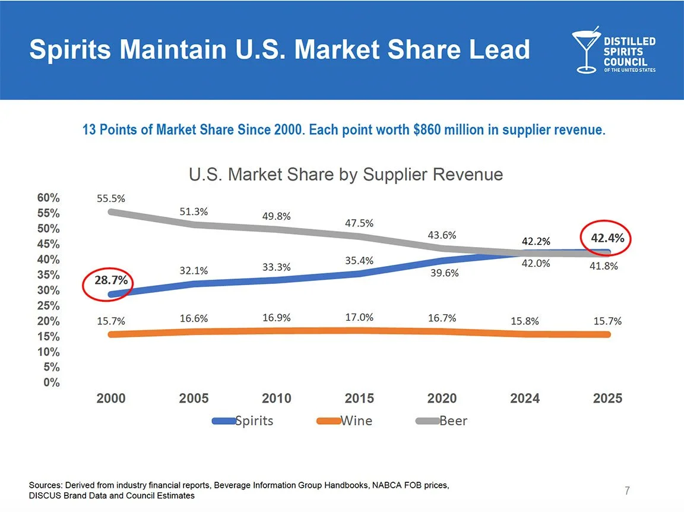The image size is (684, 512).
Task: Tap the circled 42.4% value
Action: [607, 238]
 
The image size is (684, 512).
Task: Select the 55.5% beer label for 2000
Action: [111, 198]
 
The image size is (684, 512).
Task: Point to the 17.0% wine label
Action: [359, 318]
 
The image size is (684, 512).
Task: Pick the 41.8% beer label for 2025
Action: [603, 266]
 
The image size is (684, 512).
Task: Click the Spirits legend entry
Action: [243, 421]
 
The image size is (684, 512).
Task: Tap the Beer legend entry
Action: [442, 421]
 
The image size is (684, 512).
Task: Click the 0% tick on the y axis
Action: [52, 383]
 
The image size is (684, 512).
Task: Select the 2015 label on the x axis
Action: [359, 399]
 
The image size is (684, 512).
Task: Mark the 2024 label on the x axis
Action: [525, 399]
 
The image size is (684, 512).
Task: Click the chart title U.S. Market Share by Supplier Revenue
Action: [346, 175]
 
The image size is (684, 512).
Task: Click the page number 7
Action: [627, 491]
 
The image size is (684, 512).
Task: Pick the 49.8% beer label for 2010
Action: [277, 216]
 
